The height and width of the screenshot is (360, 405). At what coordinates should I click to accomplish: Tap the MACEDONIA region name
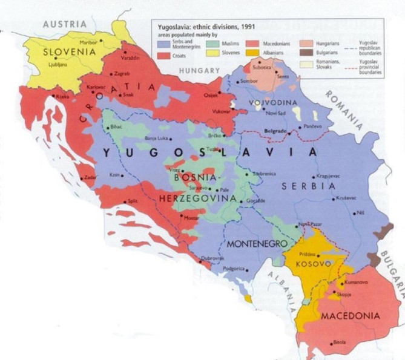(x=351, y=316)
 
